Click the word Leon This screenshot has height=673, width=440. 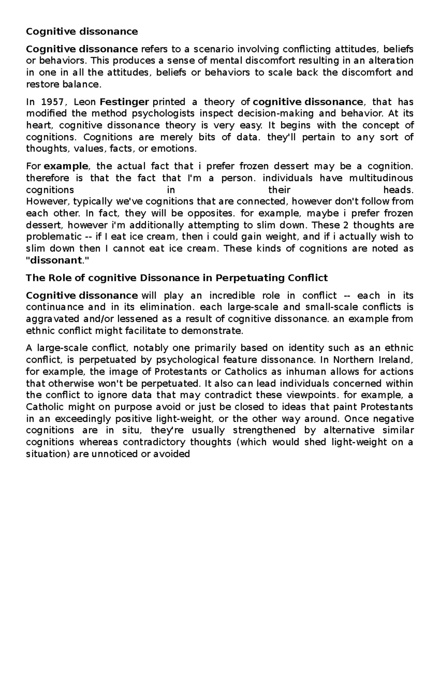(x=85, y=102)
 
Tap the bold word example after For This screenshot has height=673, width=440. (x=66, y=166)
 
